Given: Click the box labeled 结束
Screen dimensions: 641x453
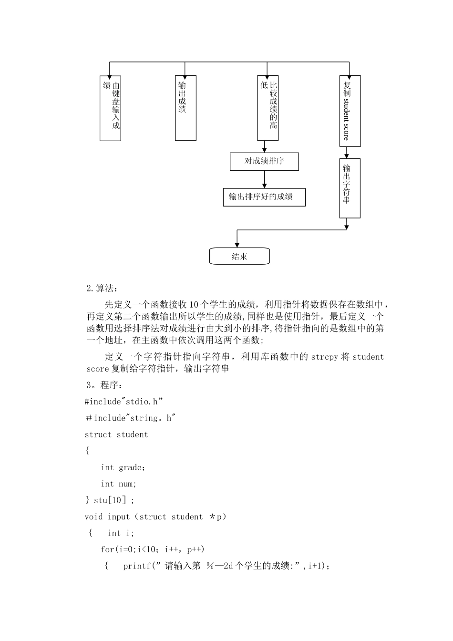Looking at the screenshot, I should point(239,256).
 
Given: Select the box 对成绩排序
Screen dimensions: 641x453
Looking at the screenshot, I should point(264,161).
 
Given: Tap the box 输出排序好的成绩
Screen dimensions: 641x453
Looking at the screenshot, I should point(264,197).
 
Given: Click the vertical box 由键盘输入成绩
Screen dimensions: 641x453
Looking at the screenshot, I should point(110,108).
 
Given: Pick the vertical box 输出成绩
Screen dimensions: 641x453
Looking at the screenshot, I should point(185,108).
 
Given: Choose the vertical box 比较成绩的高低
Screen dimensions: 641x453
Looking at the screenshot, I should point(268,108).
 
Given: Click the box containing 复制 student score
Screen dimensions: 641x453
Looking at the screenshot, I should point(350,111).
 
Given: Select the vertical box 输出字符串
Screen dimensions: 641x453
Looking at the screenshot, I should point(350,188).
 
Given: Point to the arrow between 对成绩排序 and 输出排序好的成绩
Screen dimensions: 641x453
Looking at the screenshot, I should point(264,179).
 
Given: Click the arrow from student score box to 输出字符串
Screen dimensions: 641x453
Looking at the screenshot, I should point(347,153).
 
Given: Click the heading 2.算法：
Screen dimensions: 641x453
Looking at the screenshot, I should point(102,288).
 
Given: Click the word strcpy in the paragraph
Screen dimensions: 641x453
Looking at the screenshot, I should point(324,357).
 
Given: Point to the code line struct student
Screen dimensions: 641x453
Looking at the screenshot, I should point(116,434).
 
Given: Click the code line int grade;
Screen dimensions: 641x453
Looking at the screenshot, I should point(123,467).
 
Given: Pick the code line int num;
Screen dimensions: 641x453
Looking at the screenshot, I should point(119,484).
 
